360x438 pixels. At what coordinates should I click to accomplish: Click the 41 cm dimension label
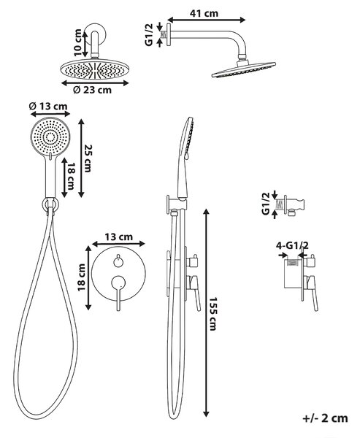[204, 13]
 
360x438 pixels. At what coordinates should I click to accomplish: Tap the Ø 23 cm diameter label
[92, 90]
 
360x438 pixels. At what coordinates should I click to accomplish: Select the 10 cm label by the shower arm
[77, 42]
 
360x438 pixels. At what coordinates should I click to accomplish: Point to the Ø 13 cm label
[48, 106]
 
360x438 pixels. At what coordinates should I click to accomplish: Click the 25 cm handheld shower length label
[88, 158]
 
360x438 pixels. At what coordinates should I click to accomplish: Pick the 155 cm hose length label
[213, 314]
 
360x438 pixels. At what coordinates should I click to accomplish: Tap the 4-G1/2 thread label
[292, 245]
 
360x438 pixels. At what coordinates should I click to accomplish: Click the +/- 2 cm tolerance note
[326, 418]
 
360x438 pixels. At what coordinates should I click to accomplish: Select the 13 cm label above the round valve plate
[119, 237]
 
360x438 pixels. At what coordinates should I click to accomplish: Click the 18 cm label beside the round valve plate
[81, 277]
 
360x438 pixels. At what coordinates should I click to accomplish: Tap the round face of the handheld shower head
[50, 137]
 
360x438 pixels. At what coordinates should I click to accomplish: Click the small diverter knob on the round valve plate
[118, 261]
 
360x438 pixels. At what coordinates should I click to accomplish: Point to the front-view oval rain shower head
[95, 69]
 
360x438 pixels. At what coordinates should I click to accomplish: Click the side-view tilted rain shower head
[244, 69]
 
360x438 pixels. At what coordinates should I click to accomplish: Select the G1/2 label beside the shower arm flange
[149, 34]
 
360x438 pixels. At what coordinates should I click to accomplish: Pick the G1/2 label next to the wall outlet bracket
[266, 204]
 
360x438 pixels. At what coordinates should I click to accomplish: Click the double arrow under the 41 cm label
[206, 20]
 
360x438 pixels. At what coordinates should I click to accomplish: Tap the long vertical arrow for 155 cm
[206, 313]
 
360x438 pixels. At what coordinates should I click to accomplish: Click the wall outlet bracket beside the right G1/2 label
[294, 206]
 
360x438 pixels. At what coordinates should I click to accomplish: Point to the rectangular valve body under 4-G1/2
[293, 274]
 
